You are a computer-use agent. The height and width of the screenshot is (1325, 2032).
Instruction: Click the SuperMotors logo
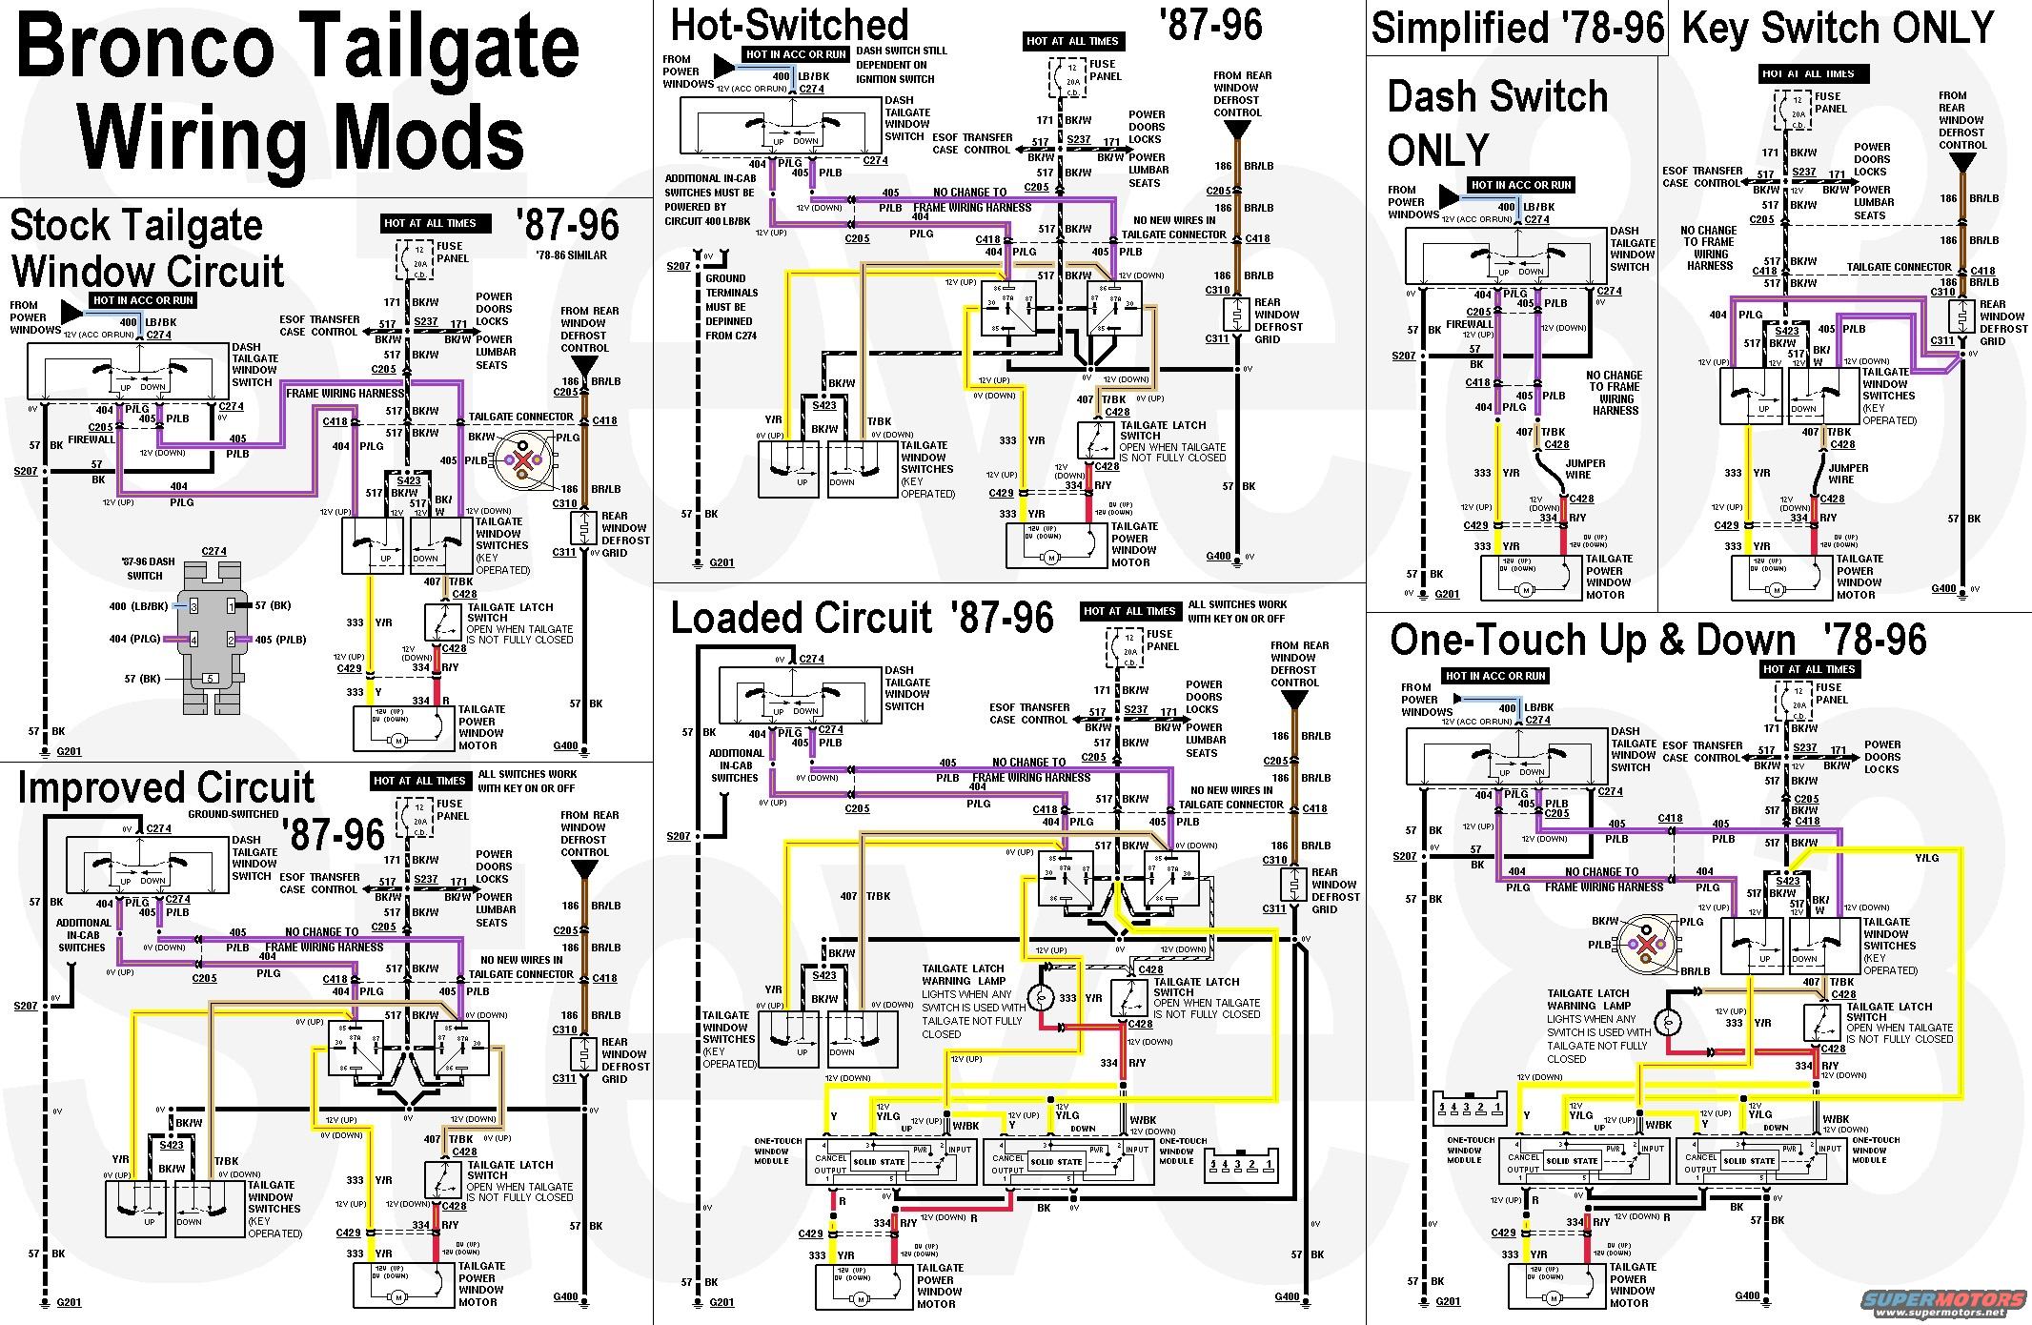click(x=1954, y=1301)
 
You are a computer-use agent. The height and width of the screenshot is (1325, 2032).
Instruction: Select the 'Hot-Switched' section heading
click(x=789, y=25)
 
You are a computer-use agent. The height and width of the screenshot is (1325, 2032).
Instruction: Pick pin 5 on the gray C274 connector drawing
click(x=211, y=679)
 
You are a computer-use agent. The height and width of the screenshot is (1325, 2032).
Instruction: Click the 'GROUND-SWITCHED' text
click(x=234, y=814)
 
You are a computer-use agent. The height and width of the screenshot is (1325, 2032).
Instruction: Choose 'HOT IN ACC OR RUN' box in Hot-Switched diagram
click(x=783, y=55)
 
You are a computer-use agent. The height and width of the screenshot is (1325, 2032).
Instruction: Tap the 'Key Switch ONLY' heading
click(x=1839, y=28)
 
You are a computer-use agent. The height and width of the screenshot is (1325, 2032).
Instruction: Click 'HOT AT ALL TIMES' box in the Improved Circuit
click(x=419, y=781)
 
